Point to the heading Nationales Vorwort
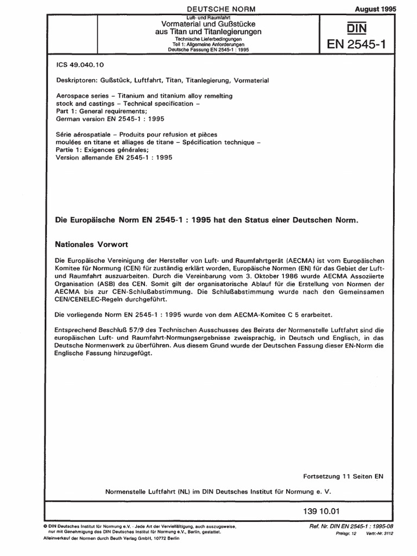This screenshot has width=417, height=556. pos(92,245)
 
